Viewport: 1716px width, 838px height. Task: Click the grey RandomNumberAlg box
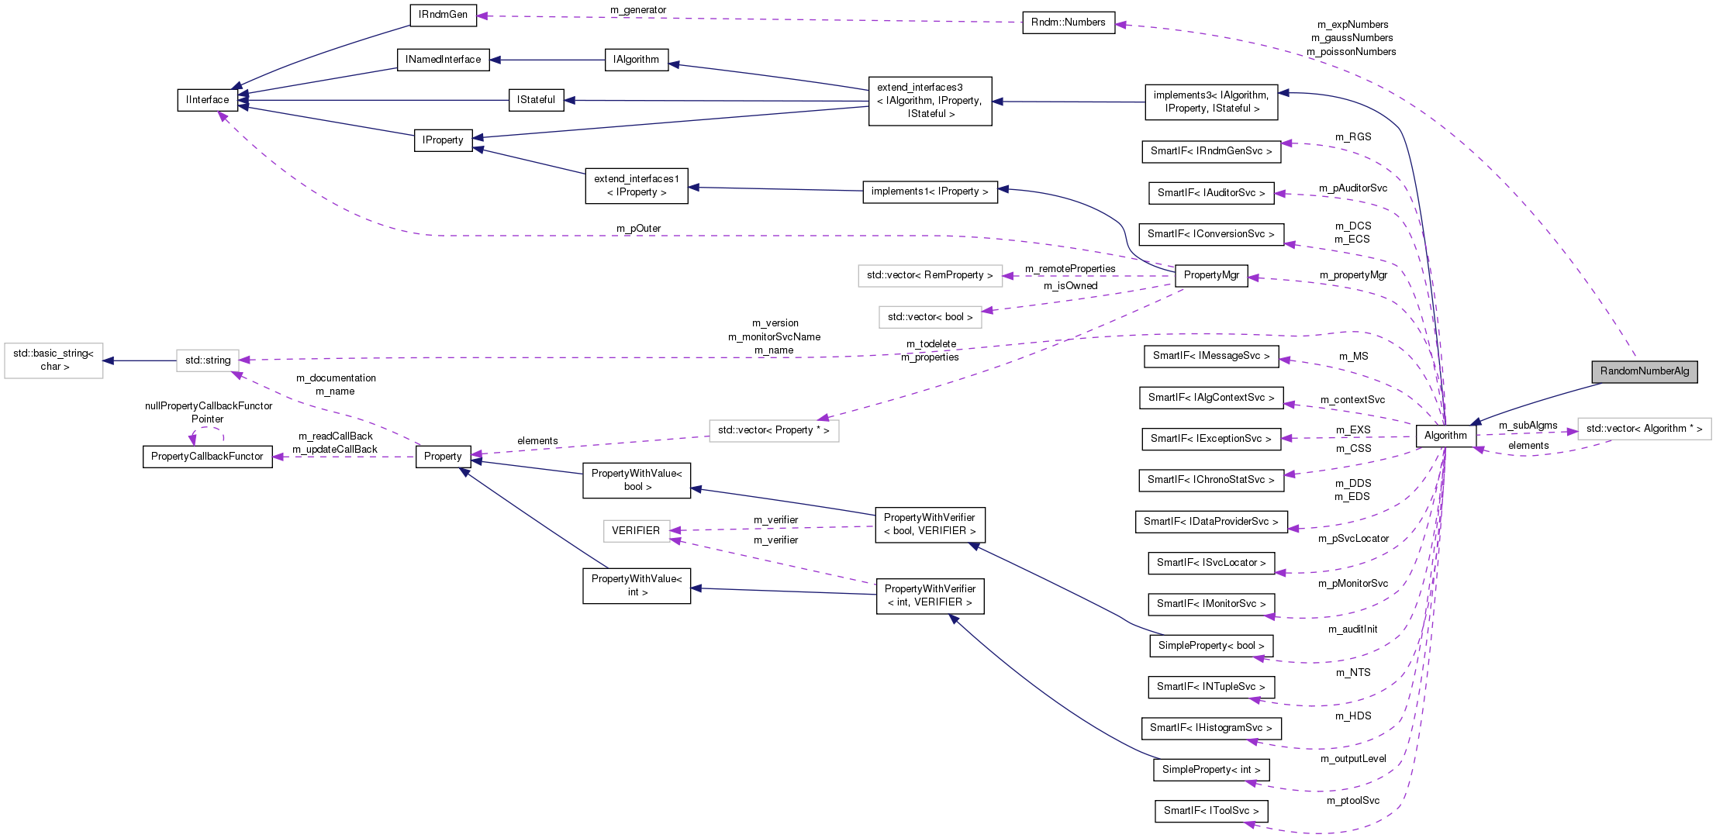[x=1644, y=371]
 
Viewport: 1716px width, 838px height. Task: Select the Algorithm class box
[x=1445, y=436]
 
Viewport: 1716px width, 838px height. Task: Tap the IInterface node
[x=207, y=100]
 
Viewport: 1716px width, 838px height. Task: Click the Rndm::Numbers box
[x=1068, y=22]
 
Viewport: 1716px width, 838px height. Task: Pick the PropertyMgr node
[x=1210, y=275]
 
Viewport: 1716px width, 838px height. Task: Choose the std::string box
[x=207, y=360]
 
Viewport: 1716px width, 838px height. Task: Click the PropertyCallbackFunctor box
[x=207, y=457]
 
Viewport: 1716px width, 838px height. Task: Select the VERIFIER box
[x=635, y=531]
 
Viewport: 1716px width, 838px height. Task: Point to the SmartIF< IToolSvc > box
[x=1210, y=811]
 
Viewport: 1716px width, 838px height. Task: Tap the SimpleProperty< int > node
[x=1210, y=770]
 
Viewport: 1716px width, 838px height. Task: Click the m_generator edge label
[x=638, y=10]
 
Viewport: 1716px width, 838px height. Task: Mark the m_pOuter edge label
[x=638, y=229]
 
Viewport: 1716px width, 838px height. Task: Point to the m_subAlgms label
[x=1528, y=426]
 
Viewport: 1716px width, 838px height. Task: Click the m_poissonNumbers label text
[x=1351, y=52]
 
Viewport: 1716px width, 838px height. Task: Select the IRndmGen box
[x=443, y=15]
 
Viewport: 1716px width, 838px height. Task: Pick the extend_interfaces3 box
[x=929, y=101]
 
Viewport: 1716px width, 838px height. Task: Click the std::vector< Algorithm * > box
[x=1644, y=429]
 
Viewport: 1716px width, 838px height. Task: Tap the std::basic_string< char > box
[x=54, y=360]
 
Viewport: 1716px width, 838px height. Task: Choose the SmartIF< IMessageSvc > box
[x=1210, y=356]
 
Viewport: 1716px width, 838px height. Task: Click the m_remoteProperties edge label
[x=1069, y=269]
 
